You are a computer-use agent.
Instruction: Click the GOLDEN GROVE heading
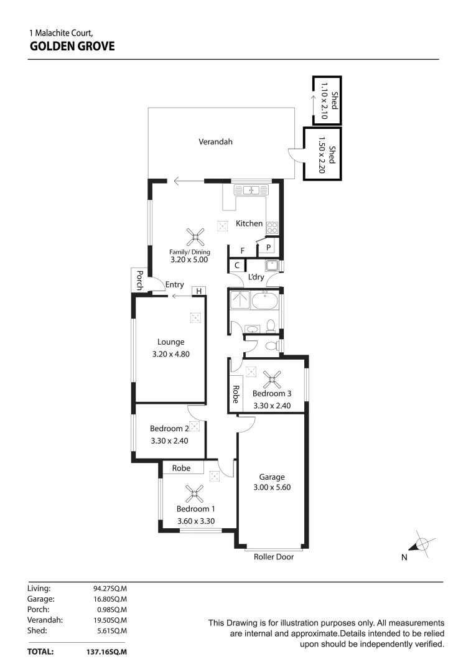(72, 45)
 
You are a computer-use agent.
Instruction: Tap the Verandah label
(215, 142)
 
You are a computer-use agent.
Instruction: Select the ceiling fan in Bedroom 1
(195, 494)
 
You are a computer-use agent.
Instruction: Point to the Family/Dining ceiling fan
(195, 236)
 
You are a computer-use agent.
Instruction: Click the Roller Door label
(273, 557)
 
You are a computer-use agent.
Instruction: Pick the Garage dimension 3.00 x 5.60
(272, 487)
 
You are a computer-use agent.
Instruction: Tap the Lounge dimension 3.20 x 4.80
(170, 354)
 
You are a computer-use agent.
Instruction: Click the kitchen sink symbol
(251, 190)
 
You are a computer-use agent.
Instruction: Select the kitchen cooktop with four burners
(273, 227)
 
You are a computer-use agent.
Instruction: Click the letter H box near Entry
(199, 291)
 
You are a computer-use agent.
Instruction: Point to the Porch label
(140, 281)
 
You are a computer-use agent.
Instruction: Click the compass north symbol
(422, 544)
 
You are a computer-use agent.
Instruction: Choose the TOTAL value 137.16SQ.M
(106, 652)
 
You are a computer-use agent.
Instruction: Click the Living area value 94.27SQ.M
(110, 587)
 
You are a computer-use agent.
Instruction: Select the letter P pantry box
(268, 248)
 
